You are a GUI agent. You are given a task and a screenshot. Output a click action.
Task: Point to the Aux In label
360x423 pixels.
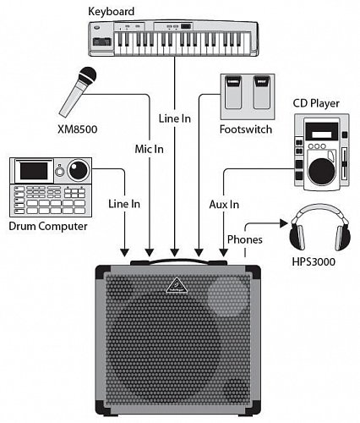point(224,204)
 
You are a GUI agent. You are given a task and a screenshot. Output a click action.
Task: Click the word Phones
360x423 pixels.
point(245,239)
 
